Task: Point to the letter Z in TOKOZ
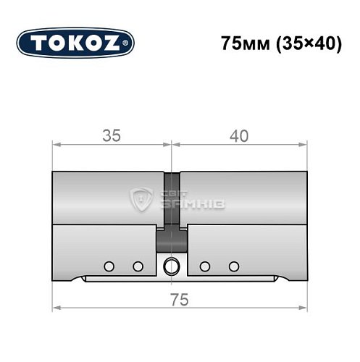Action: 115,43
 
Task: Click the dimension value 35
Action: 111,134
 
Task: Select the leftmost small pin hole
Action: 109,266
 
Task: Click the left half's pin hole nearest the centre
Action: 137,266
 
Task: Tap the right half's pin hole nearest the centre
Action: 206,266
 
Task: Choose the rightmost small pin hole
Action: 233,266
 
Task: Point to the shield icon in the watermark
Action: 140,198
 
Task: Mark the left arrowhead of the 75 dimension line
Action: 56,309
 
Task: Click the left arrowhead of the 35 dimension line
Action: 56,144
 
